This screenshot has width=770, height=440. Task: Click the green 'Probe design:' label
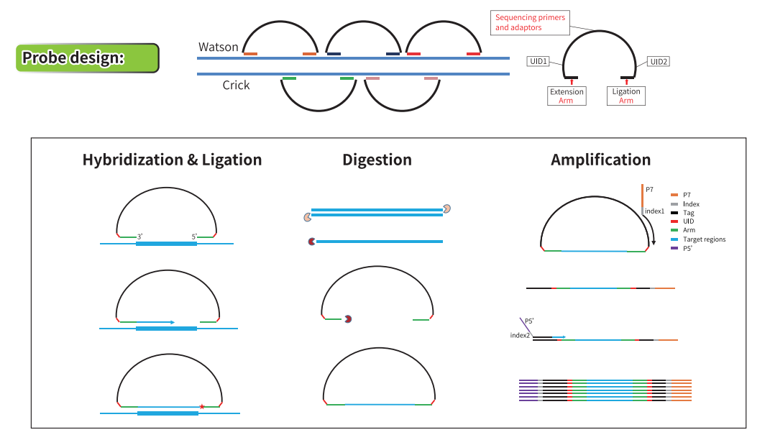pos(87,58)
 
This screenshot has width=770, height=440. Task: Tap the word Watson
pos(219,47)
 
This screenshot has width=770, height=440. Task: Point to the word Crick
pos(236,85)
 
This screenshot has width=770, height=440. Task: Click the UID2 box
pos(659,62)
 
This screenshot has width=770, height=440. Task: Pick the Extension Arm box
pos(567,96)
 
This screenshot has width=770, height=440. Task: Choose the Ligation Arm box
pos(626,96)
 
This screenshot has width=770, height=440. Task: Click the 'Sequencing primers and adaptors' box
pos(531,22)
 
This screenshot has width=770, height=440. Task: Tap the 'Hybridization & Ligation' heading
pos(172,160)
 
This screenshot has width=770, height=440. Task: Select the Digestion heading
pos(377,160)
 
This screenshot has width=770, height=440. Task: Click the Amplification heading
pos(600,160)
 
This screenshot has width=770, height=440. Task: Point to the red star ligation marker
pos(202,407)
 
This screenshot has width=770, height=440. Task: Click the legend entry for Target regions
pos(704,239)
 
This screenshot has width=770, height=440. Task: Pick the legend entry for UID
pos(688,222)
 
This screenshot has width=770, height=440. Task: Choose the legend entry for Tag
pos(688,214)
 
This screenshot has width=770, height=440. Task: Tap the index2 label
pos(521,336)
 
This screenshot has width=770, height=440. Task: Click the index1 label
pos(654,211)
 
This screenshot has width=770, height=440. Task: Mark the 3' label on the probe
pos(141,236)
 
